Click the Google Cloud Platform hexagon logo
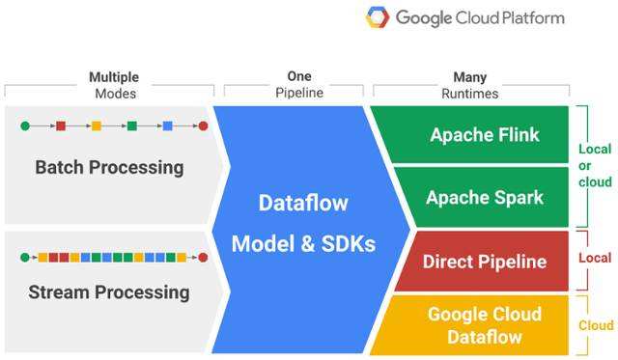click(378, 17)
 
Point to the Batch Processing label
click(109, 167)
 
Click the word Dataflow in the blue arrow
click(303, 203)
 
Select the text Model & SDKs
click(303, 244)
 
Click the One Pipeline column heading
click(299, 85)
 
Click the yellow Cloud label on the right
click(595, 325)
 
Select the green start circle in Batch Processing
click(25, 125)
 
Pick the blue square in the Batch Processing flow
click(167, 125)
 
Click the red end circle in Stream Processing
click(203, 257)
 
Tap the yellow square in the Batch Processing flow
click(96, 125)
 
